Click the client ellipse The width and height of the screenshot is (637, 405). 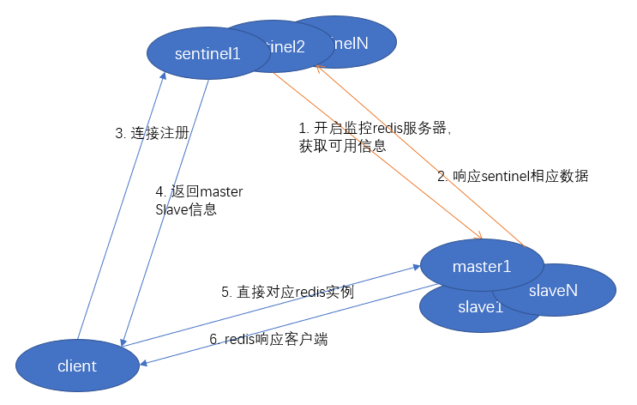[x=77, y=366]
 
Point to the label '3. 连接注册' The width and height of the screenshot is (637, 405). [x=152, y=133]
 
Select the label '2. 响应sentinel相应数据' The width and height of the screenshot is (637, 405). [x=513, y=176]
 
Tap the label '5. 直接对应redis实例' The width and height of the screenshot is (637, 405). [x=287, y=293]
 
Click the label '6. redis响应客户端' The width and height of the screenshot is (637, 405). [x=268, y=339]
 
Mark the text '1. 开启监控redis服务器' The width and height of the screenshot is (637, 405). [x=375, y=128]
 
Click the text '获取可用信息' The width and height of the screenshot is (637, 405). [x=341, y=146]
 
